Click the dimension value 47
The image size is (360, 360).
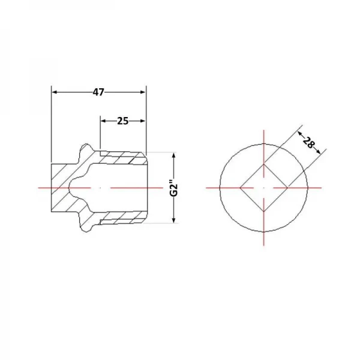click(x=98, y=92)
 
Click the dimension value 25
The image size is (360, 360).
click(x=123, y=121)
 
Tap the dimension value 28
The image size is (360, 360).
click(x=308, y=142)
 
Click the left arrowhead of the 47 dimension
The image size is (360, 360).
click(x=54, y=92)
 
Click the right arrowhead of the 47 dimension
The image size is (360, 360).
click(x=143, y=92)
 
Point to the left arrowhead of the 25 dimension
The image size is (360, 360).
click(x=103, y=121)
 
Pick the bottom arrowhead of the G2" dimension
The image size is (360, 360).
click(x=174, y=220)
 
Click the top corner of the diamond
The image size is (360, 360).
click(x=264, y=164)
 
